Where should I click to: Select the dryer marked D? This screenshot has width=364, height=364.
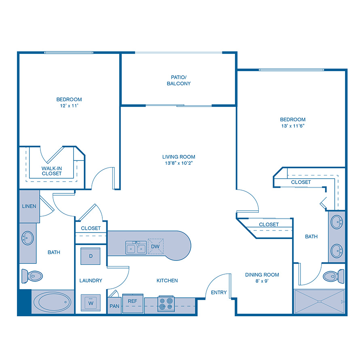(x=91, y=256)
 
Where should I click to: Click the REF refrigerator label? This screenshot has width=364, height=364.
(x=133, y=301)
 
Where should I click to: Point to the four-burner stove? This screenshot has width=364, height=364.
(x=166, y=303)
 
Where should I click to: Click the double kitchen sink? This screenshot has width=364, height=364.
(x=136, y=248)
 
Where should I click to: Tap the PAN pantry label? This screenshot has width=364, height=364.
(x=114, y=306)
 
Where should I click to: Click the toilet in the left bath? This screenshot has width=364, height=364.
(x=32, y=276)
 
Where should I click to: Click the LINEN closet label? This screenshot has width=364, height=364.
(x=29, y=206)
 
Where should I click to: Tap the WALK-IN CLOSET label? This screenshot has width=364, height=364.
(x=51, y=171)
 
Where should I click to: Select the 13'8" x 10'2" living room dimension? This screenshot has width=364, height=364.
(x=179, y=163)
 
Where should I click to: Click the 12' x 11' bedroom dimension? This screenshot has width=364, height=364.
(x=69, y=106)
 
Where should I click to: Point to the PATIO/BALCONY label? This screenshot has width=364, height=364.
(x=178, y=80)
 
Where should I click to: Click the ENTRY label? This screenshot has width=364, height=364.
(x=219, y=293)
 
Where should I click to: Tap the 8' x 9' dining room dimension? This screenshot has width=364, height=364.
(x=262, y=281)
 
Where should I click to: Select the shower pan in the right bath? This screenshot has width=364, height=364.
(x=320, y=302)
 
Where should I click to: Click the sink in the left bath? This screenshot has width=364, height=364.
(x=28, y=239)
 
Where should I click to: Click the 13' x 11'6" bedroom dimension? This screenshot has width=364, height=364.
(x=293, y=126)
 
